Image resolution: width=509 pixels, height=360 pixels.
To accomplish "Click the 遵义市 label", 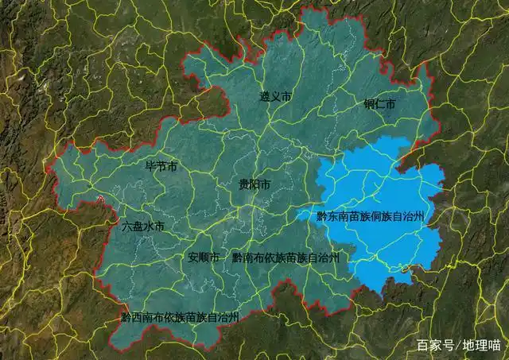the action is (275, 96).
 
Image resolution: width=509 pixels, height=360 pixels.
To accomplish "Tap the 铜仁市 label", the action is (379, 104).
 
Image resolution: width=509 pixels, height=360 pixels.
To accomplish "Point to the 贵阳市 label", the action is (254, 184).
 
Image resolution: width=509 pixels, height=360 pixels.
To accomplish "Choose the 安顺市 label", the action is (204, 257).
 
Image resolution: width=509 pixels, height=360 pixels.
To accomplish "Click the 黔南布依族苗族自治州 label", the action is (286, 257).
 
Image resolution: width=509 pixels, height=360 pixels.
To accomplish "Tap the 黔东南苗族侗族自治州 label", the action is (371, 216).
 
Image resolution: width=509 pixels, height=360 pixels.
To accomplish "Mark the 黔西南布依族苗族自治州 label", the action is (180, 316).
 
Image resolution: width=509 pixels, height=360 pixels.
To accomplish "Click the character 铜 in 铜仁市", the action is (369, 104).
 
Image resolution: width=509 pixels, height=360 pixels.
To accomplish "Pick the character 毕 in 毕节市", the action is (150, 168).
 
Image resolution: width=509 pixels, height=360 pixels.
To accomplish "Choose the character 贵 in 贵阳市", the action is (243, 184).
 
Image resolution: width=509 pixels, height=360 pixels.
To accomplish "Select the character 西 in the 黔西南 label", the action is (137, 316).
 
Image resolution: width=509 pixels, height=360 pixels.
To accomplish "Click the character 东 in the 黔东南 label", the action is (332, 216).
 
